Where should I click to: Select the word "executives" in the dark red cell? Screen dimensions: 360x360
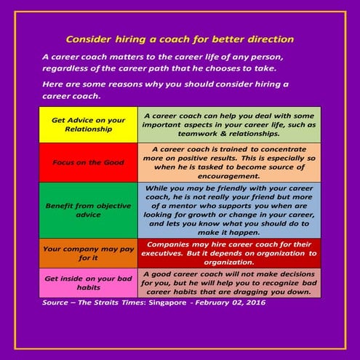click(170, 254)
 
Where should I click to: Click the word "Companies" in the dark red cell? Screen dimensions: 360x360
click(172, 244)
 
